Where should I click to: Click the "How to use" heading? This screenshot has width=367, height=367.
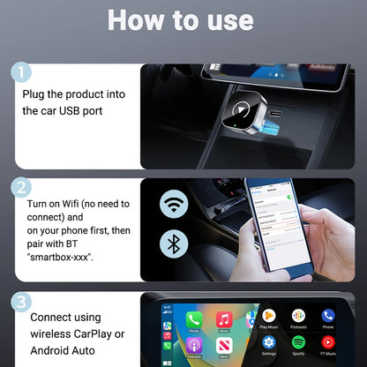point(183,20)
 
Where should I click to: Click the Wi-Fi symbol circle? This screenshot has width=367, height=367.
point(174,205)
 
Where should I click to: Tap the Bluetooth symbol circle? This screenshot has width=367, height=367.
point(174,244)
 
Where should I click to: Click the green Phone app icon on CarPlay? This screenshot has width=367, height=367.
point(194,319)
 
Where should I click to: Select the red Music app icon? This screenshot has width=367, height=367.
point(224,319)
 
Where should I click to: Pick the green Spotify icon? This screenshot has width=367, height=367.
point(299,341)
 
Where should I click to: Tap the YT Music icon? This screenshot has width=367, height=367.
point(328,341)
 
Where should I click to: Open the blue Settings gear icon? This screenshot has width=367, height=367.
point(269,341)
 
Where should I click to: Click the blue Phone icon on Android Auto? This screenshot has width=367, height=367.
point(328,316)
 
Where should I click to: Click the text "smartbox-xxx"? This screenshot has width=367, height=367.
point(56,258)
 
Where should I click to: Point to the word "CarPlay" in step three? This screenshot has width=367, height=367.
point(105,333)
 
